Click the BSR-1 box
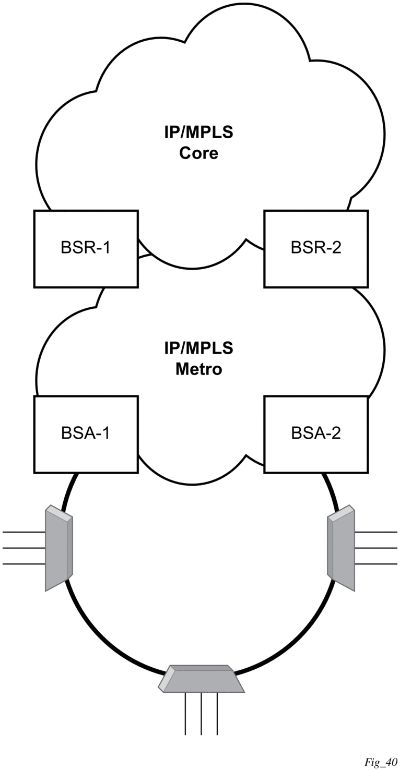(x=86, y=248)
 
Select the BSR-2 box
(x=316, y=248)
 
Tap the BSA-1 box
(x=86, y=433)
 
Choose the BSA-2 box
(x=316, y=433)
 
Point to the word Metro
(x=199, y=369)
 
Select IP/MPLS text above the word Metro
(x=199, y=348)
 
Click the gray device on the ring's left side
(x=58, y=548)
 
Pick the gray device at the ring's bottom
(x=201, y=679)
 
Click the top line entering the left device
(x=23, y=532)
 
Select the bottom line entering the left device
(x=23, y=564)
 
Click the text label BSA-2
(x=316, y=433)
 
